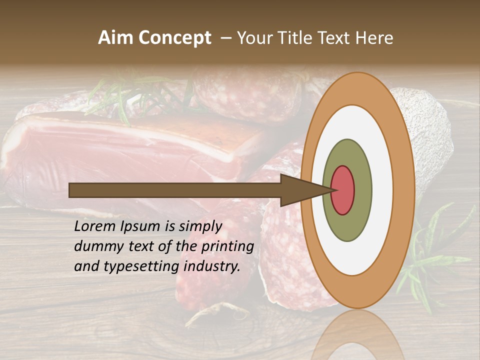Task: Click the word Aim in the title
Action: tap(116, 38)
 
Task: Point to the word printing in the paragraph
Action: tap(227, 246)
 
